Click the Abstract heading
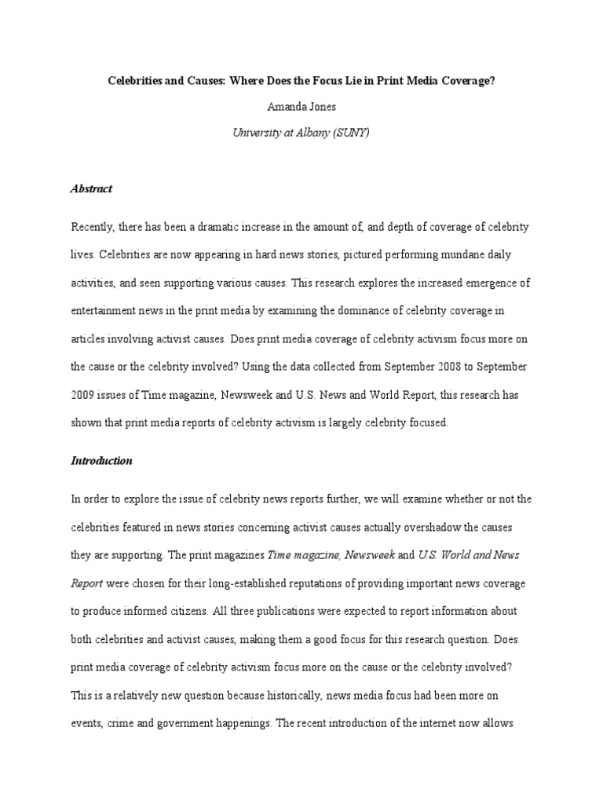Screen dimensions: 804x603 91,188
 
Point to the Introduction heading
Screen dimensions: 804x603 101,461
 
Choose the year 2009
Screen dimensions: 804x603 85,395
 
